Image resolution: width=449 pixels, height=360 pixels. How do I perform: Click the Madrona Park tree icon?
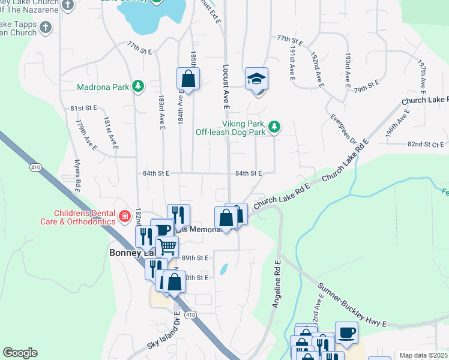[x=138, y=86]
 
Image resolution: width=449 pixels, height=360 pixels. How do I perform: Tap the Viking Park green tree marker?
[x=274, y=126]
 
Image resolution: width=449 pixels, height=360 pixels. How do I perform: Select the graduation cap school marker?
[x=256, y=79]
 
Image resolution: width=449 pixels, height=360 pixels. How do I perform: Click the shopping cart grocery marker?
[x=167, y=246]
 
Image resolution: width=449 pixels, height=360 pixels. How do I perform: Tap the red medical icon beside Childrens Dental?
[x=124, y=216]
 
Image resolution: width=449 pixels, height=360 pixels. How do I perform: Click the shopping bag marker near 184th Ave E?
[x=188, y=79]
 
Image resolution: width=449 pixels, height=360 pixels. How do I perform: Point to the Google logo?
[x=20, y=353]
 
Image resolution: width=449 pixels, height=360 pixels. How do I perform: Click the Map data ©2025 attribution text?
[x=423, y=355]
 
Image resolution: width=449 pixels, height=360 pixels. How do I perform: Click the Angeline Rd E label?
[x=277, y=284]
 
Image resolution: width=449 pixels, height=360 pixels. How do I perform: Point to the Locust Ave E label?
[x=226, y=87]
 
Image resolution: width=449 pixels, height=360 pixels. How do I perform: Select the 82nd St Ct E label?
[x=426, y=144]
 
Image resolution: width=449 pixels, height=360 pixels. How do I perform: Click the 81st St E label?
[x=83, y=108]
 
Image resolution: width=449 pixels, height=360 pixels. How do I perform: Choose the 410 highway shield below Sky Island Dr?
[x=190, y=314]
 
